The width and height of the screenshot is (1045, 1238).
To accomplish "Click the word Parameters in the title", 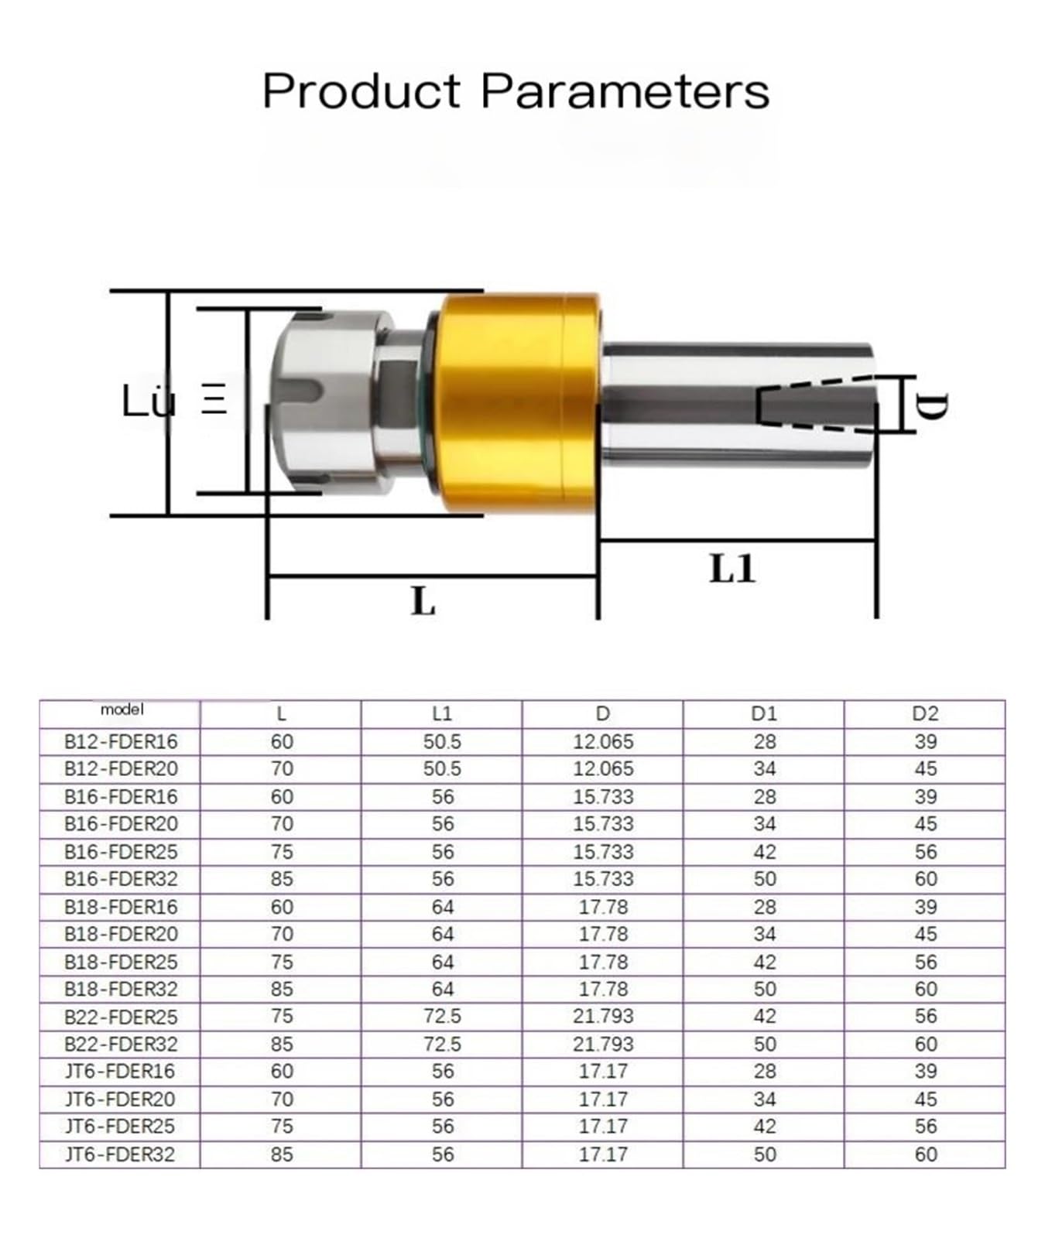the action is click(x=625, y=91).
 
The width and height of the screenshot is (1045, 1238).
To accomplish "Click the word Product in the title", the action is click(x=361, y=91).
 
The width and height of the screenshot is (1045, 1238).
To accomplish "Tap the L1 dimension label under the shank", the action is click(x=731, y=569).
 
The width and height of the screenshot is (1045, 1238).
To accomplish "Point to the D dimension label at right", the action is click(x=934, y=405).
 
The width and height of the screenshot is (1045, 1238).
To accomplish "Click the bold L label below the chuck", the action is click(x=423, y=600).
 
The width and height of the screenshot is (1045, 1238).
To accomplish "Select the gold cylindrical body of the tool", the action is click(x=515, y=402).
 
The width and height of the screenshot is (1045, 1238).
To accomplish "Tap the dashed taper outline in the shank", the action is click(x=816, y=404).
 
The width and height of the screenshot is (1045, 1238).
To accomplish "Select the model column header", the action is click(x=122, y=710).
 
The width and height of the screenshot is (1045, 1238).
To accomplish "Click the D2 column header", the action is click(x=925, y=713).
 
